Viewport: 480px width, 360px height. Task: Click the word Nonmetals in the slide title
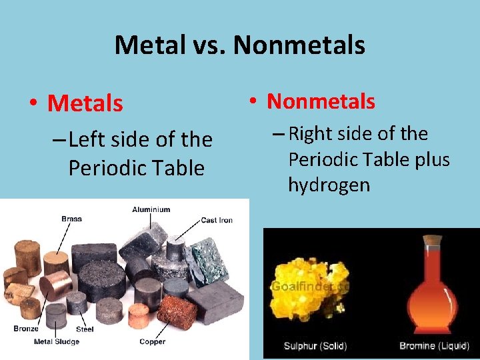tap(299, 45)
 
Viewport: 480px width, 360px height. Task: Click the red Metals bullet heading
tap(85, 103)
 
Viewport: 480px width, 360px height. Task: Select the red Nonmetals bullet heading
tap(321, 101)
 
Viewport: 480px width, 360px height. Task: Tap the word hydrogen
tap(329, 185)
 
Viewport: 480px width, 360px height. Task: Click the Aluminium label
tap(151, 209)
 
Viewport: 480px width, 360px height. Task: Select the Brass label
tap(71, 219)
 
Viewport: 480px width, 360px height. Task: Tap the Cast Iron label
tap(217, 220)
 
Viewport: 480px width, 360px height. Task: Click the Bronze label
tap(25, 329)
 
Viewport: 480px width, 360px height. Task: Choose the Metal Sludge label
tap(57, 342)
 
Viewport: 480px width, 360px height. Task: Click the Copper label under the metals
tap(152, 342)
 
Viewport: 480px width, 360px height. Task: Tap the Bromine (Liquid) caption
tap(436, 346)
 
